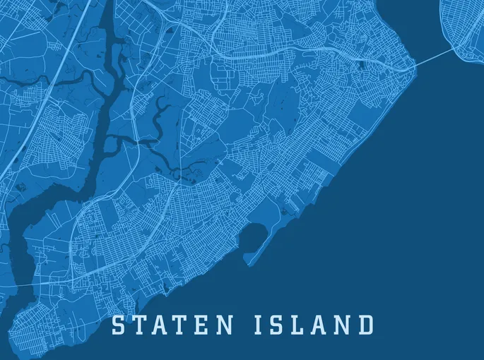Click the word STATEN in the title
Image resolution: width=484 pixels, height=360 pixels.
173,325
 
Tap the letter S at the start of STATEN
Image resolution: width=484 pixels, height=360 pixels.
120,325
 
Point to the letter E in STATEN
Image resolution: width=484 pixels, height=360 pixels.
205,325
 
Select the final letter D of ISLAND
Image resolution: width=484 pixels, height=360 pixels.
364,325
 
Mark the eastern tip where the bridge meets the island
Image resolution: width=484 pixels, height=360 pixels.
413,69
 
